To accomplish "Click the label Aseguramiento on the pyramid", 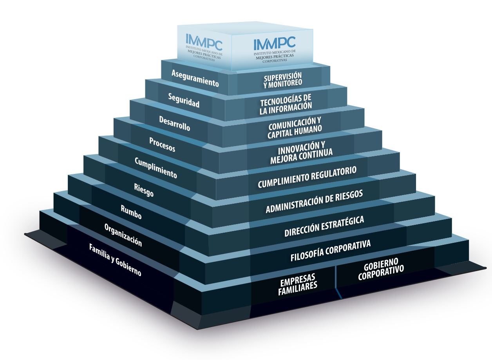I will click(x=195, y=78).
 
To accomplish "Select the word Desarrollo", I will click(x=174, y=123).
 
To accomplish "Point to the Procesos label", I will click(x=162, y=144).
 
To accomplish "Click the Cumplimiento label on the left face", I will click(x=156, y=167).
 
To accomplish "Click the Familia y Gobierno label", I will click(x=115, y=260).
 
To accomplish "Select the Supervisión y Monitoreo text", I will click(x=282, y=79).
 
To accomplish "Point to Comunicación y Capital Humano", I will click(x=295, y=126).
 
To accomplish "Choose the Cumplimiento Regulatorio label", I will click(x=307, y=177).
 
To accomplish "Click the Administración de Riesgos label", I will click(x=314, y=201).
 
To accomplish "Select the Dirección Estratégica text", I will click(x=324, y=226).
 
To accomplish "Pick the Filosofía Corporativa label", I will click(x=330, y=250).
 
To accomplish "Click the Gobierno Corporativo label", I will click(x=381, y=270).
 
